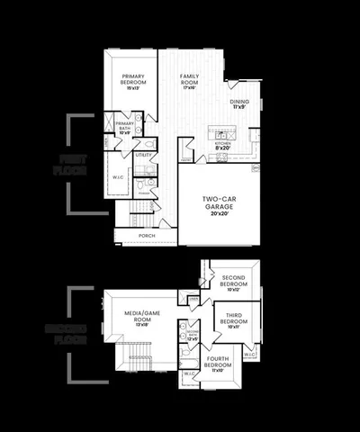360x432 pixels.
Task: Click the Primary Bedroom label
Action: tap(134, 79)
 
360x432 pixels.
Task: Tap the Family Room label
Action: tap(189, 78)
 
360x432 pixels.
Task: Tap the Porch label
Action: tap(146, 236)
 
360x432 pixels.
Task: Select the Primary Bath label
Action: tap(124, 127)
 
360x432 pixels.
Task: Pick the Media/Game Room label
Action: tap(140, 315)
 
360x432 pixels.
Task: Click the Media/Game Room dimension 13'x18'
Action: tap(140, 325)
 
